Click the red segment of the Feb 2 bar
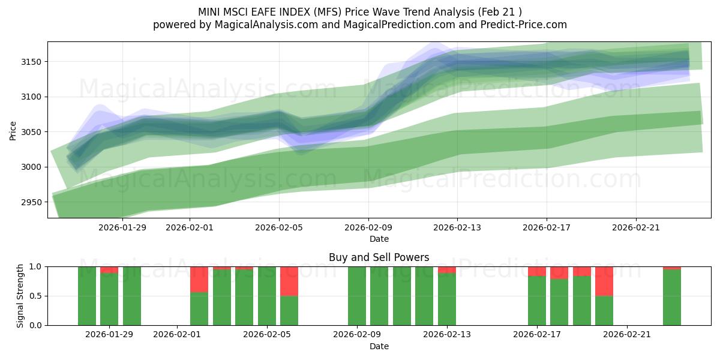pyautogui.click(x=199, y=279)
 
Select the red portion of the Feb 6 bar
pyautogui.click(x=289, y=281)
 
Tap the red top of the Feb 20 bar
pyautogui.click(x=604, y=281)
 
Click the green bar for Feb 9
pyautogui.click(x=357, y=296)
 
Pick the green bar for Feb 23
pyautogui.click(x=672, y=298)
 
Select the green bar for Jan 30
pyautogui.click(x=132, y=296)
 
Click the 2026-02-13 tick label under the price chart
pyautogui.click(x=457, y=227)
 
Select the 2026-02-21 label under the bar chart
pyautogui.click(x=626, y=335)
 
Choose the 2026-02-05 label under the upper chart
pyautogui.click(x=278, y=227)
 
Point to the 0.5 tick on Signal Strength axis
pyautogui.click(x=36, y=296)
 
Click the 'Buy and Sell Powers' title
pyautogui.click(x=379, y=257)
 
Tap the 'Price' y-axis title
pyautogui.click(x=13, y=130)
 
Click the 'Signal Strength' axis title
pyautogui.click(x=20, y=296)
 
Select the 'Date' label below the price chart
pyautogui.click(x=379, y=239)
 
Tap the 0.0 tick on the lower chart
pyautogui.click(x=36, y=325)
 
